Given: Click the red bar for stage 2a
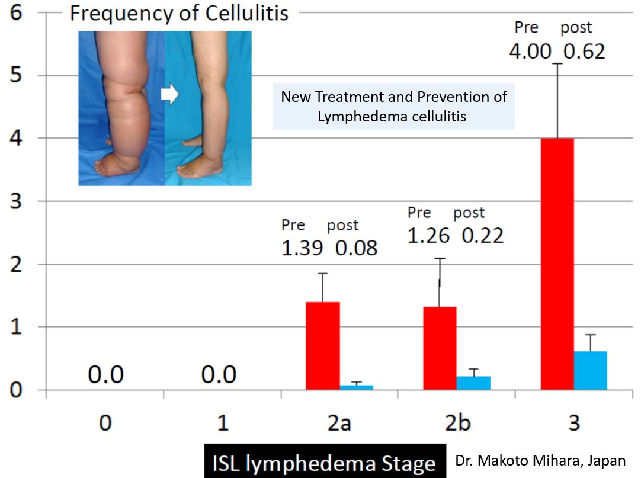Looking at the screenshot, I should click(323, 346).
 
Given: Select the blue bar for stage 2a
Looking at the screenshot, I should click(356, 387).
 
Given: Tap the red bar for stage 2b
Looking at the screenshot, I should click(440, 348).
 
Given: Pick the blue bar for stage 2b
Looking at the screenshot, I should click(473, 383).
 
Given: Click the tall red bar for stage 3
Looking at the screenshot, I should click(557, 264).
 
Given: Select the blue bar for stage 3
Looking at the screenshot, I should click(590, 370).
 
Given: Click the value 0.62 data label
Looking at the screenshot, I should click(584, 51).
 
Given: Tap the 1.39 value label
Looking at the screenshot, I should click(302, 248).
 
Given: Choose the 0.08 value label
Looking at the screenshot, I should click(357, 248).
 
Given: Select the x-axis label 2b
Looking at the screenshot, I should click(456, 424).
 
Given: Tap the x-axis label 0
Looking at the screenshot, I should click(104, 424).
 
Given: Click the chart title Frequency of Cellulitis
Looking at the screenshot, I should click(179, 13).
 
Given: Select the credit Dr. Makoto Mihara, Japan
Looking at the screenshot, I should click(540, 460).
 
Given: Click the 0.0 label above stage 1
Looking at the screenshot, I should click(219, 374).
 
